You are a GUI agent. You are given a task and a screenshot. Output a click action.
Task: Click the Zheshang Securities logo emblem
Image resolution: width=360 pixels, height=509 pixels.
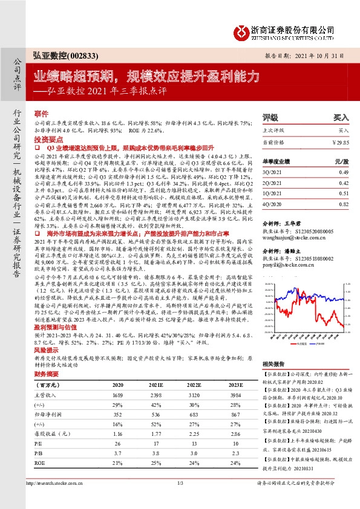point(242,30)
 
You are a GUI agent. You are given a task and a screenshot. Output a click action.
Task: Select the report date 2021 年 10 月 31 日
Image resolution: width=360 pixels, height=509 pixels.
point(321,54)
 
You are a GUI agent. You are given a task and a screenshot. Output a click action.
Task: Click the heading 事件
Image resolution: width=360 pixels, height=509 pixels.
point(41,114)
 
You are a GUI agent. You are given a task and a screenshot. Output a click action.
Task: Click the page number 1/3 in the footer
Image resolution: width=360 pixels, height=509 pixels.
point(180,500)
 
